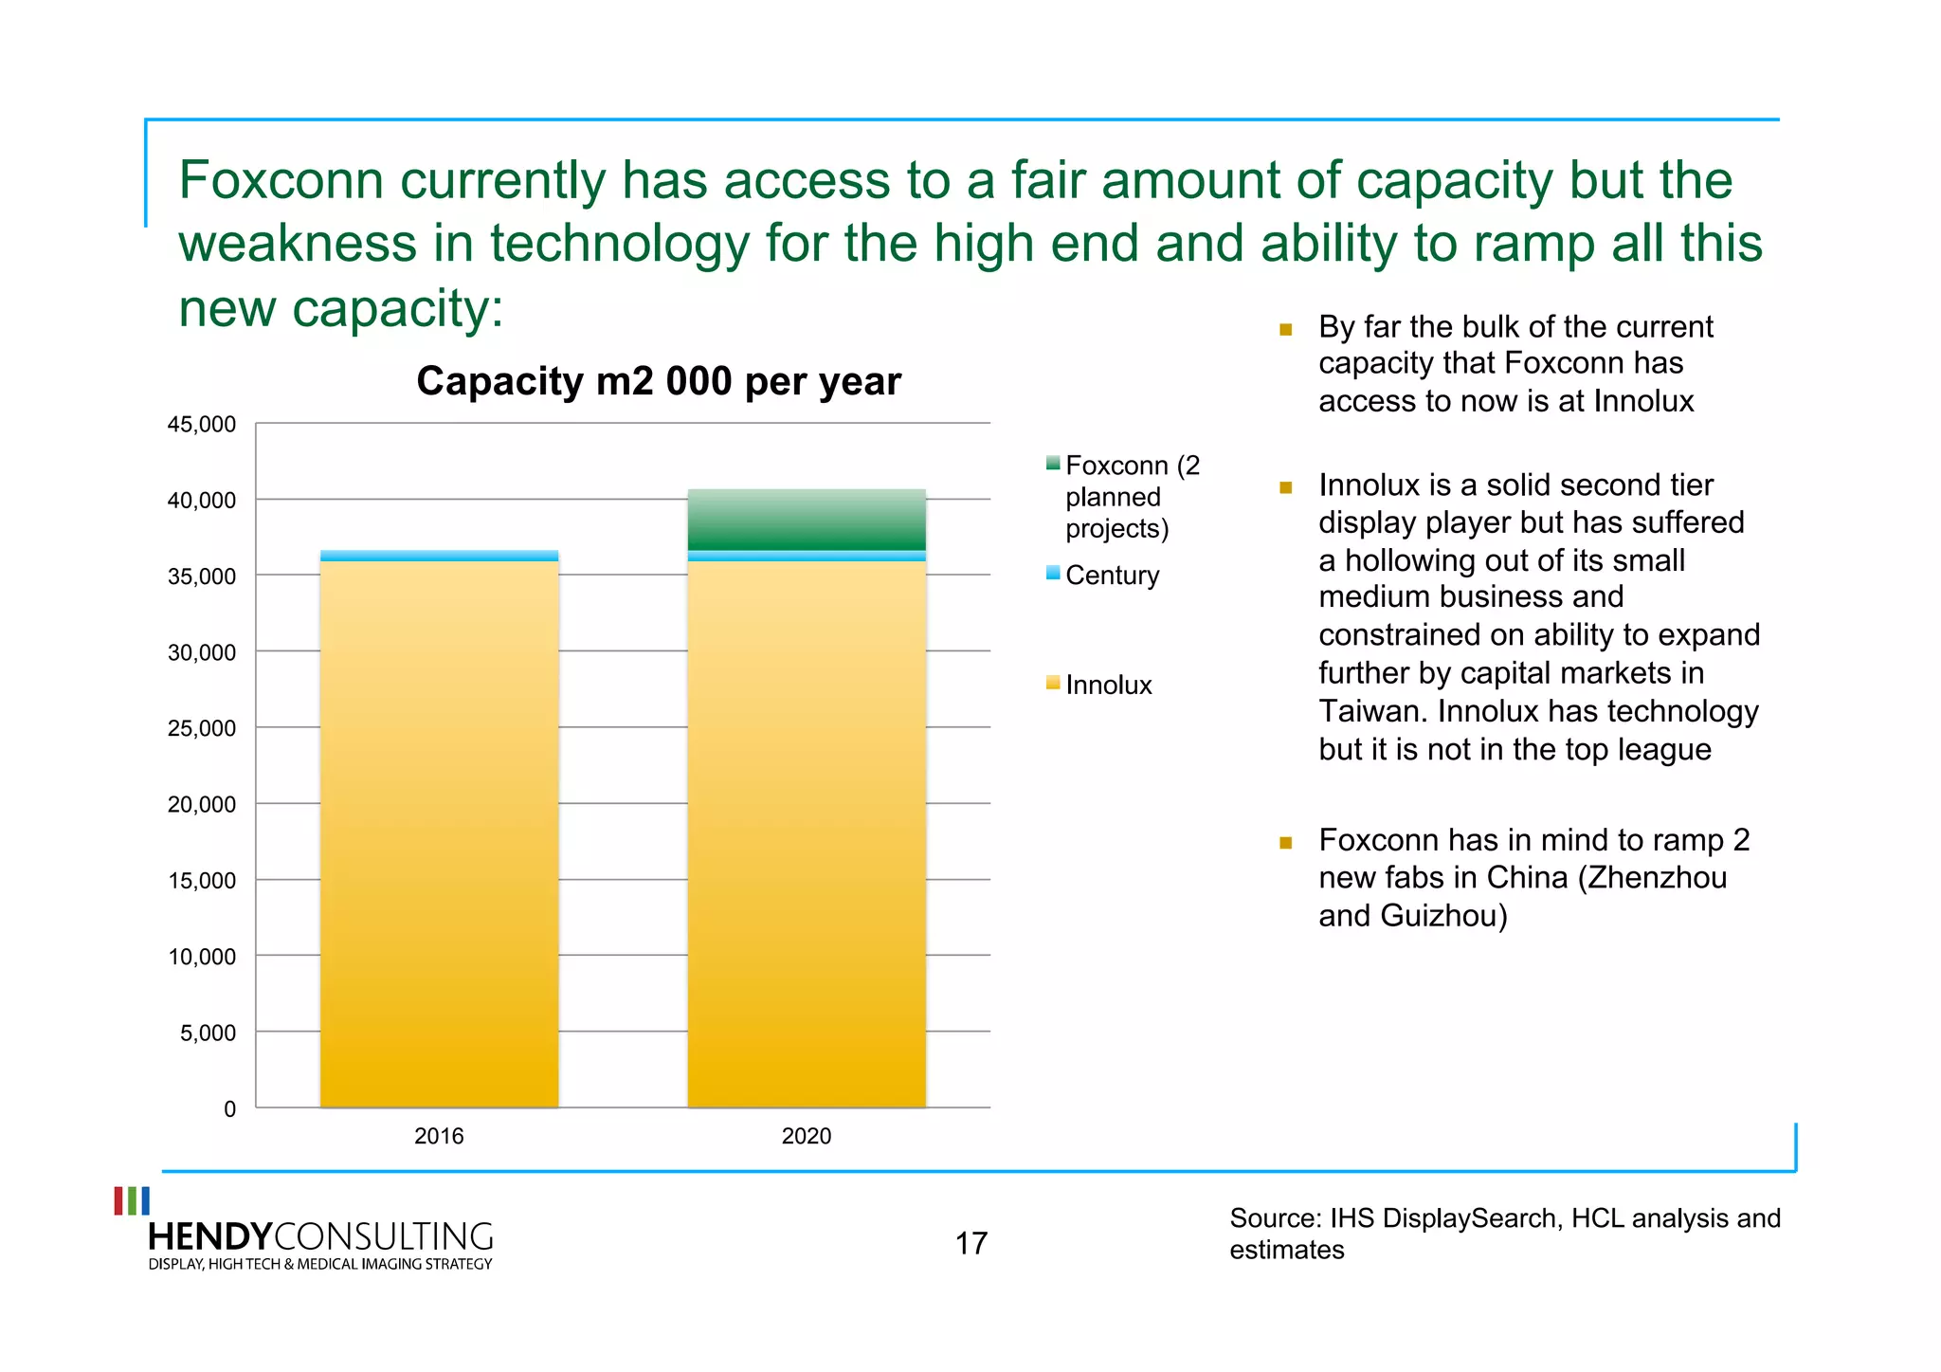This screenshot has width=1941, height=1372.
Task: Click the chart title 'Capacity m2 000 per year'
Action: click(658, 381)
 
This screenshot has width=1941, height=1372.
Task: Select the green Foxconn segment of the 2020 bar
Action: click(806, 520)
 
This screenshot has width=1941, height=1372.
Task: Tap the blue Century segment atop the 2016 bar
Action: click(439, 556)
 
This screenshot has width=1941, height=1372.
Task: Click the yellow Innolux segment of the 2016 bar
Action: click(439, 834)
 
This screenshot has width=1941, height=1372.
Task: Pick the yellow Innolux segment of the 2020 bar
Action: click(806, 834)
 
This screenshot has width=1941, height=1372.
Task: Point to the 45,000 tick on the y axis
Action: click(202, 425)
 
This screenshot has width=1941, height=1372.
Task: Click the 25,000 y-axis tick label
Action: click(202, 728)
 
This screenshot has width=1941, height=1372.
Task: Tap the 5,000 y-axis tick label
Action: click(208, 1033)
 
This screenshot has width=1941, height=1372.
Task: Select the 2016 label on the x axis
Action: click(439, 1136)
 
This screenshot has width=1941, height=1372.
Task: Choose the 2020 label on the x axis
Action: click(806, 1136)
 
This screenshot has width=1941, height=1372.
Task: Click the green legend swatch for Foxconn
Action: click(1052, 464)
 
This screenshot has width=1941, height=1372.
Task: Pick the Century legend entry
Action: click(1112, 576)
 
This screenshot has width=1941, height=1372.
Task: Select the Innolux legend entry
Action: click(1108, 686)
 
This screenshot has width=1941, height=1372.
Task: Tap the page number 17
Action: click(970, 1243)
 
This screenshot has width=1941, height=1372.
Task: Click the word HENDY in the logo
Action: click(210, 1236)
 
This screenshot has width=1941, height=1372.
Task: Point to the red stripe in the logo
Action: click(118, 1200)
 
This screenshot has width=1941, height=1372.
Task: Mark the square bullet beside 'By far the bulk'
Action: click(1286, 330)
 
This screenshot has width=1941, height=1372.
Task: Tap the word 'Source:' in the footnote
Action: click(1275, 1218)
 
